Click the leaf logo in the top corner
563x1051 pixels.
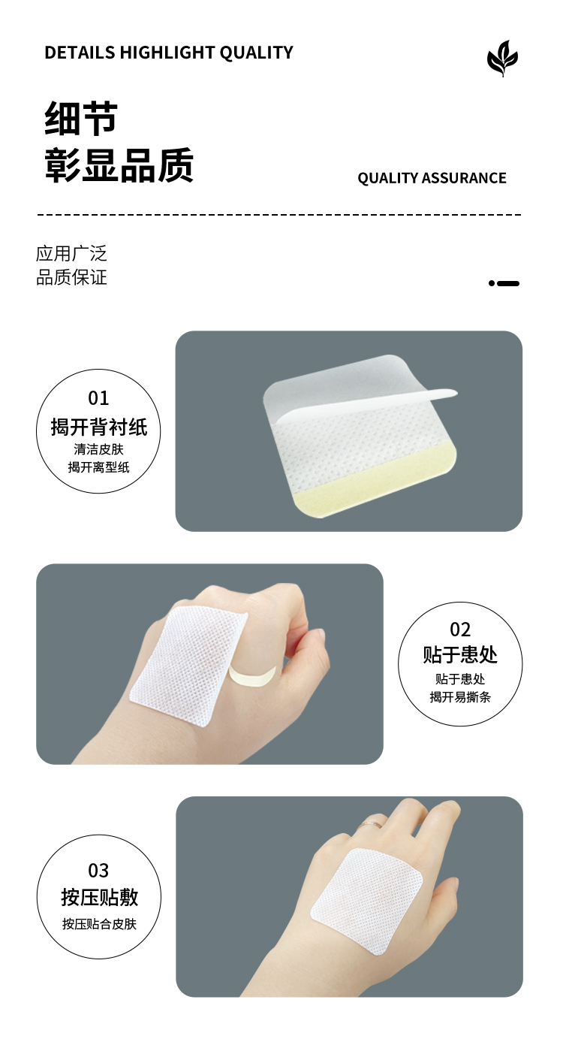tap(502, 59)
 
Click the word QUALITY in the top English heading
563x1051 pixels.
tap(256, 53)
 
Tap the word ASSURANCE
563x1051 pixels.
tap(464, 178)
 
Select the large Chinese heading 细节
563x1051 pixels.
tap(80, 119)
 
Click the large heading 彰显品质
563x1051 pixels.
tap(119, 165)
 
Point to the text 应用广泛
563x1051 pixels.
tap(72, 254)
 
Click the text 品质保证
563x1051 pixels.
tap(72, 277)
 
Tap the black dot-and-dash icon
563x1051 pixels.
tap(504, 283)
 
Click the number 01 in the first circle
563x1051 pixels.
tap(98, 398)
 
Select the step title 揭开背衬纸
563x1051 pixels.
tap(99, 427)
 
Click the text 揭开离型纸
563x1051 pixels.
tap(99, 467)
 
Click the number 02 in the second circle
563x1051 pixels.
tap(460, 630)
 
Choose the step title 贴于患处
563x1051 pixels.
tap(460, 654)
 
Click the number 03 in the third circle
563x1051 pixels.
tap(98, 871)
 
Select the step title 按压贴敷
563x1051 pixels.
tap(99, 897)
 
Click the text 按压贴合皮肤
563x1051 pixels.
tap(99, 924)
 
